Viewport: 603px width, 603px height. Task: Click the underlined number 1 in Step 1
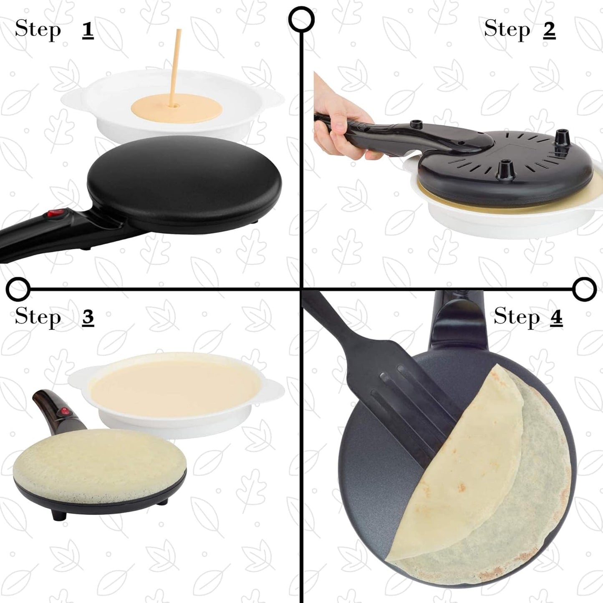[88, 30]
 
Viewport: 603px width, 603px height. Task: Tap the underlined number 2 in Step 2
[549, 30]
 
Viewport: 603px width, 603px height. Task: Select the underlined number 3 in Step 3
[88, 318]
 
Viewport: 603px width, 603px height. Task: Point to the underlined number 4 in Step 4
[556, 318]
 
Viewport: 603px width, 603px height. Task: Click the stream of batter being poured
[175, 67]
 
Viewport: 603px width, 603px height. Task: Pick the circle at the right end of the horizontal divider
[585, 288]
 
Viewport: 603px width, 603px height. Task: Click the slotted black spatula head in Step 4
[417, 401]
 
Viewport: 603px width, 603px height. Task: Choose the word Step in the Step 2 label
[507, 30]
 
